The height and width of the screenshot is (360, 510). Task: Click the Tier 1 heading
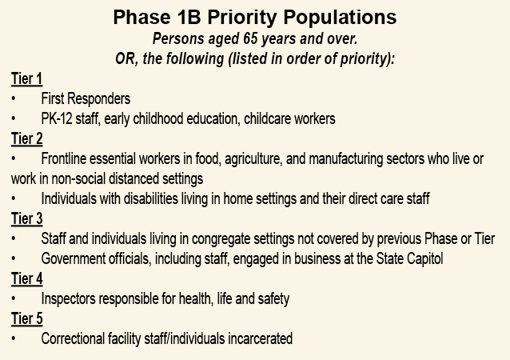click(26, 79)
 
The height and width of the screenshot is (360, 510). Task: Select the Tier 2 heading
click(26, 139)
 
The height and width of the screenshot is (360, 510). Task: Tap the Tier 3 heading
click(26, 219)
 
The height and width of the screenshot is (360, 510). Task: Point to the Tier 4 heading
click(26, 279)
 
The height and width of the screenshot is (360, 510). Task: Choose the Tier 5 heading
click(26, 319)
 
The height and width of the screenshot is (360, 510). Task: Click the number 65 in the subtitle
click(250, 38)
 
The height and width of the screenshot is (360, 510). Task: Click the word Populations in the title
click(340, 18)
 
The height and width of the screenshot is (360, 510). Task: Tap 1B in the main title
click(189, 17)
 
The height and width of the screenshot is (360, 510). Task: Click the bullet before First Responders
click(14, 99)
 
